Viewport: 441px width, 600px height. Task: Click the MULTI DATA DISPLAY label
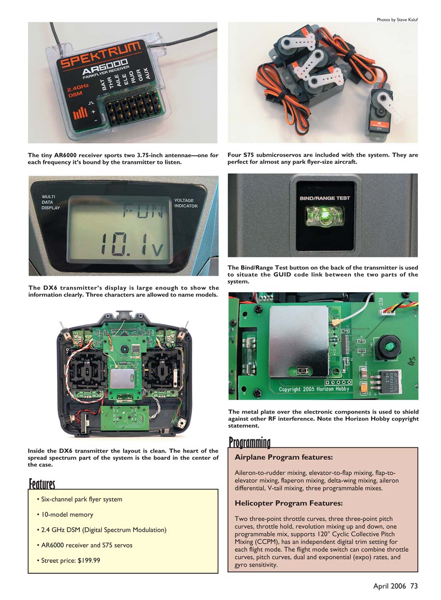51,202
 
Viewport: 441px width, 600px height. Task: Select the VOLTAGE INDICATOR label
186,203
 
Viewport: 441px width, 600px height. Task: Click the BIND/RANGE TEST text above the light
325,198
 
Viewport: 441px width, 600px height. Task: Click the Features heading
42,483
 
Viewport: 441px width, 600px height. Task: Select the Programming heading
249,441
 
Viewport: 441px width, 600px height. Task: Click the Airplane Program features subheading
284,457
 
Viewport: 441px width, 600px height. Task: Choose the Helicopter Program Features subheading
288,503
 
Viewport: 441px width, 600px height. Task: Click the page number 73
414,586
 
